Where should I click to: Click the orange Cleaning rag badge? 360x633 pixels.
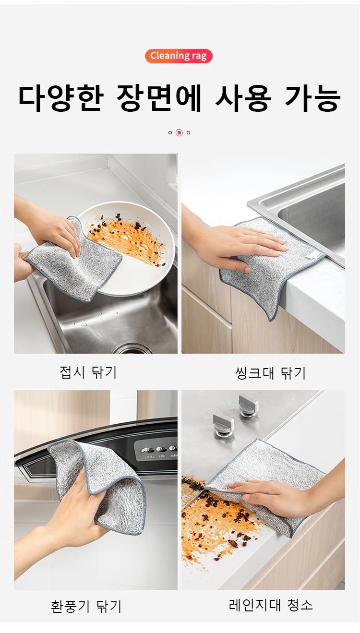pyautogui.click(x=179, y=56)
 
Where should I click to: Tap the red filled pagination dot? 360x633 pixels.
pyautogui.click(x=179, y=132)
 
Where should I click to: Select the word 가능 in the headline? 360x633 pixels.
pyautogui.click(x=312, y=98)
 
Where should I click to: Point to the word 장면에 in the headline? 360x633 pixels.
pyautogui.click(x=159, y=98)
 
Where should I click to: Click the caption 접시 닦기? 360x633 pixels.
pyautogui.click(x=88, y=372)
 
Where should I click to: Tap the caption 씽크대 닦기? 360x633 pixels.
pyautogui.click(x=270, y=373)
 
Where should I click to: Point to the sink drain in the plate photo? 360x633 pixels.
pyautogui.click(x=133, y=348)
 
